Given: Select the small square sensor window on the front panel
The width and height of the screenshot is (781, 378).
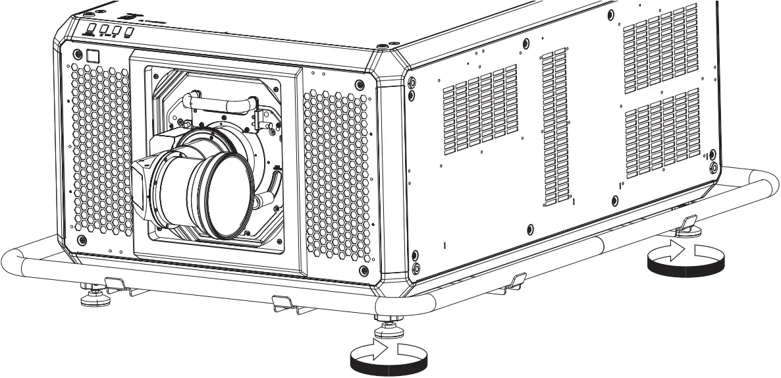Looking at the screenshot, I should click(x=92, y=56).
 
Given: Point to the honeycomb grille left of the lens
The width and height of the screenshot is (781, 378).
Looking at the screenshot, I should click(x=99, y=151).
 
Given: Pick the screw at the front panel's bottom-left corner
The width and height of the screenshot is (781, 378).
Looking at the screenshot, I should click(x=81, y=238).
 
